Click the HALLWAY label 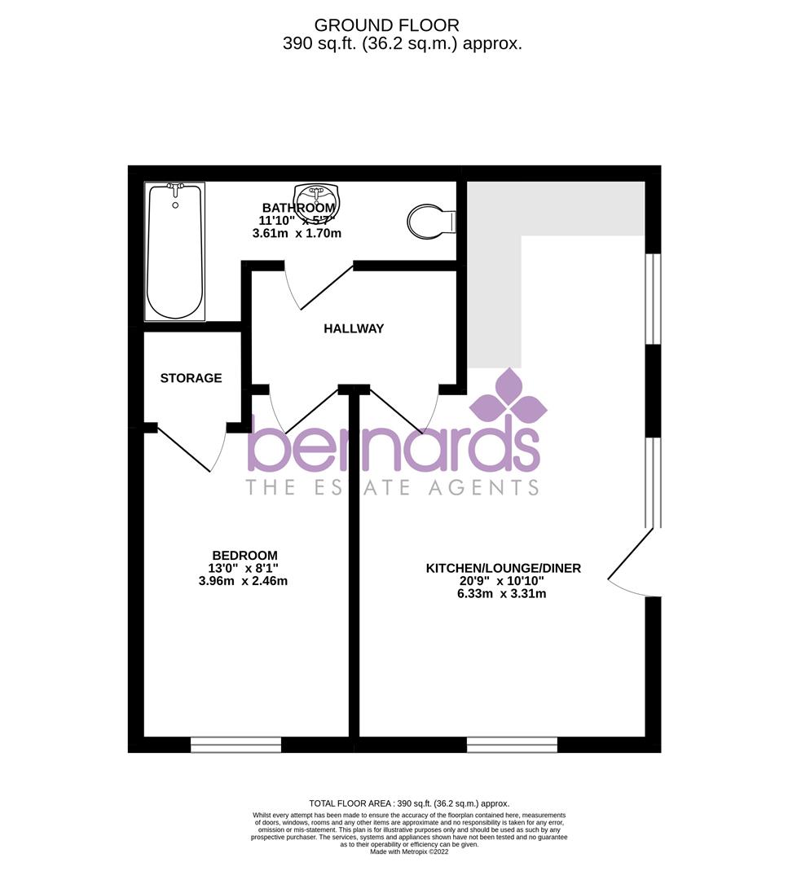(x=354, y=329)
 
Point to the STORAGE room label (x=191, y=378)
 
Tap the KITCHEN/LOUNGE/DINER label (x=503, y=568)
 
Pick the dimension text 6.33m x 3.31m (x=501, y=593)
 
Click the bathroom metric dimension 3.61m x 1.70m (x=297, y=233)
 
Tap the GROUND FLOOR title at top (x=386, y=26)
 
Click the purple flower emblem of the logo (x=509, y=396)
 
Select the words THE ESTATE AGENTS (x=392, y=487)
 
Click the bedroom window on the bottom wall (x=236, y=744)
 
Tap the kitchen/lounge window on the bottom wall (x=512, y=744)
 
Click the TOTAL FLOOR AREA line (x=409, y=803)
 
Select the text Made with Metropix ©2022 (x=409, y=851)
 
